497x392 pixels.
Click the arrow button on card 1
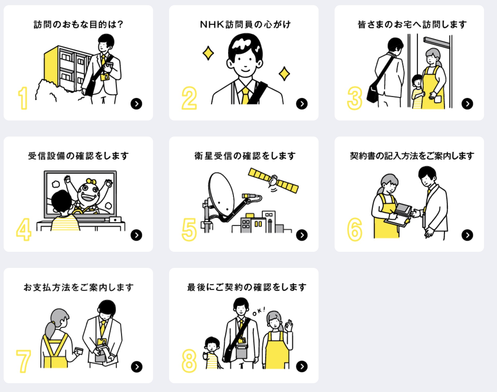point(136,104)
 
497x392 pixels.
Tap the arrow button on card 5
point(302,235)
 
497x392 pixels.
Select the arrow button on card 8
point(302,367)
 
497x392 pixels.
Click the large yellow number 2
point(189,98)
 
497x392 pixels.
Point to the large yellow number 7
point(24,361)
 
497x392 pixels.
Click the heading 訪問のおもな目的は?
point(78,25)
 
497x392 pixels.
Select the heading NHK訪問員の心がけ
point(245,25)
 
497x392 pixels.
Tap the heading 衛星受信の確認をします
point(245,156)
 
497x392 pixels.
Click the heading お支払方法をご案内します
point(79,287)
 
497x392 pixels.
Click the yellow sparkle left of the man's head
point(208,53)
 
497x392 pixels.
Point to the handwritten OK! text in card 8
point(259,312)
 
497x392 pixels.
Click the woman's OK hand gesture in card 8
point(289,326)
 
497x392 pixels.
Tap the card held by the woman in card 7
point(79,351)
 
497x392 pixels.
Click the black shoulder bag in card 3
point(373,93)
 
